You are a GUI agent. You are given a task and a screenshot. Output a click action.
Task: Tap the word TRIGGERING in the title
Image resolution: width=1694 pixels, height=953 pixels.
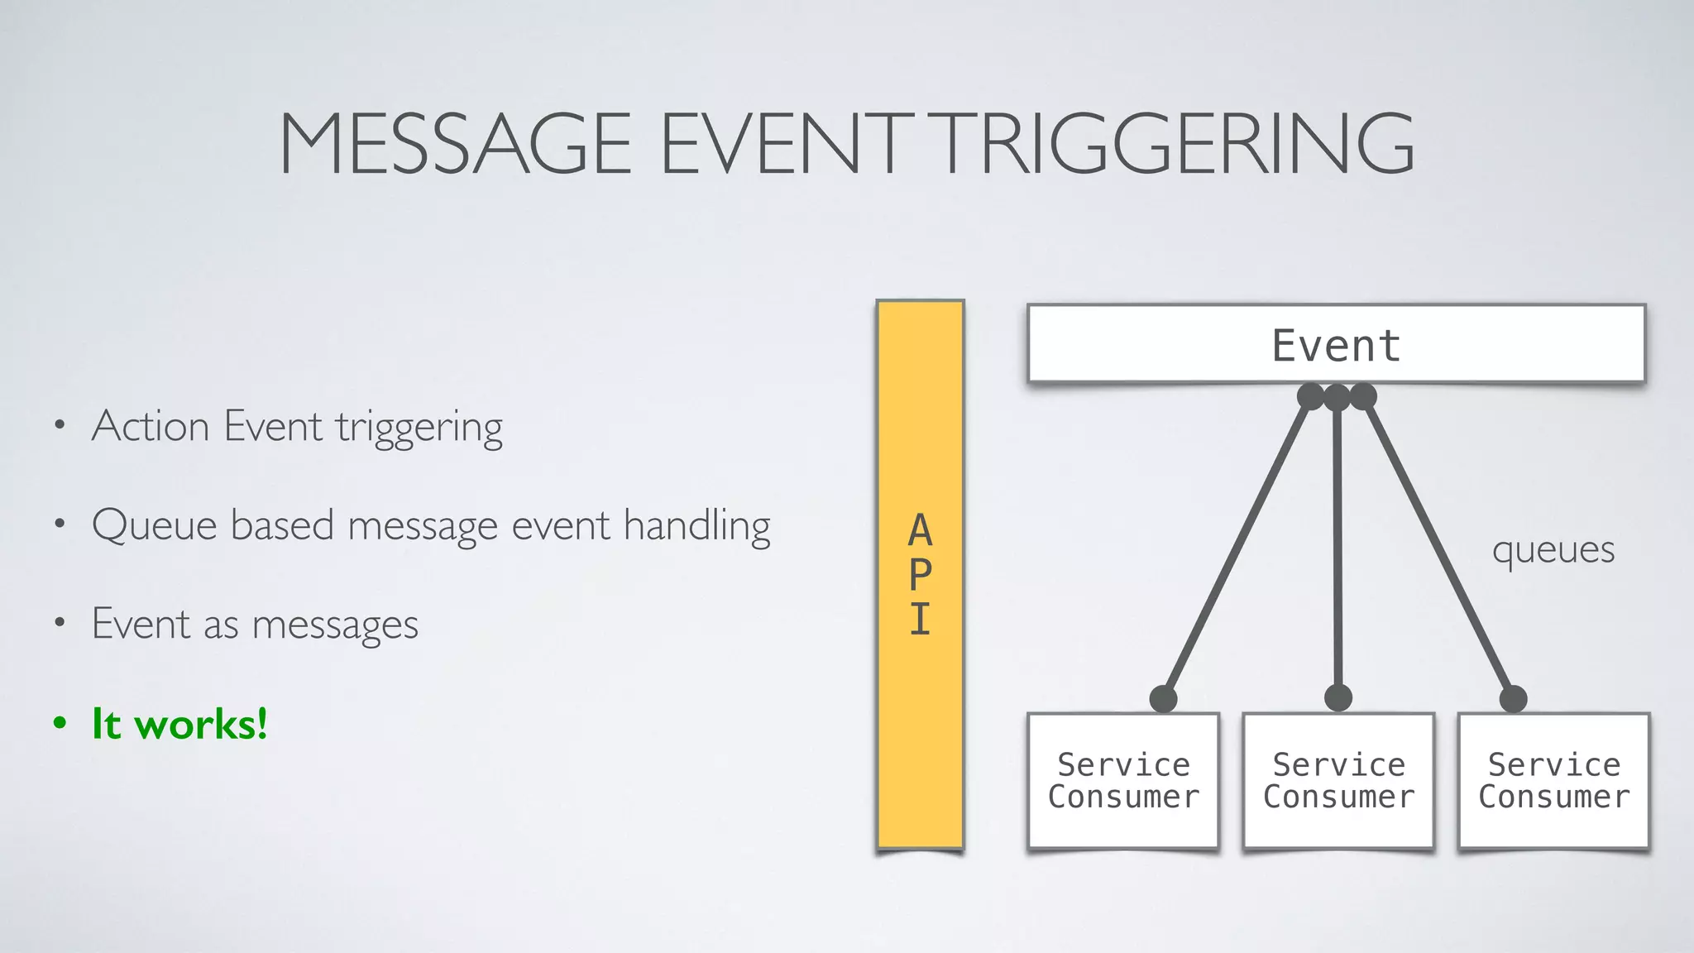(x=1176, y=144)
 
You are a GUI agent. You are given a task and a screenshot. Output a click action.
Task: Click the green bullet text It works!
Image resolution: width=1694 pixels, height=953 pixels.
(x=179, y=724)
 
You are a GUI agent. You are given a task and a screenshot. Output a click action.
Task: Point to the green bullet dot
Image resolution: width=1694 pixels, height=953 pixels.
(x=60, y=723)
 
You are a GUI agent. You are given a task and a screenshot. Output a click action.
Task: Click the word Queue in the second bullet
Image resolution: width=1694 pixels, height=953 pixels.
(x=155, y=526)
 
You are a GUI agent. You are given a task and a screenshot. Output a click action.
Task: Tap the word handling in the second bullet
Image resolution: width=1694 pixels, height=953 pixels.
(x=696, y=526)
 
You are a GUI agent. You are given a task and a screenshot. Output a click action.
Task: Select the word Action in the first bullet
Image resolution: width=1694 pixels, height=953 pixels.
(x=151, y=427)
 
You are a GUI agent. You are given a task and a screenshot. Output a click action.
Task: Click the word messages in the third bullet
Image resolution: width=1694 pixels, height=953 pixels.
(x=335, y=625)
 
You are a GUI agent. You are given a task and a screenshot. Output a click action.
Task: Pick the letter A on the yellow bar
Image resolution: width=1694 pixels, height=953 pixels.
(x=921, y=530)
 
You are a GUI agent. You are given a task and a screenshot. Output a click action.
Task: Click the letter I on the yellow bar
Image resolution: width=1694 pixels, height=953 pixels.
(x=921, y=619)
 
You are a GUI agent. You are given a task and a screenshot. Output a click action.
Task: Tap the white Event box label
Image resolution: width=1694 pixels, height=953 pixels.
(x=1336, y=345)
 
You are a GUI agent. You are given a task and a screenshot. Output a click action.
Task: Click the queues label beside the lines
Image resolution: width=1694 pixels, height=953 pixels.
(x=1553, y=550)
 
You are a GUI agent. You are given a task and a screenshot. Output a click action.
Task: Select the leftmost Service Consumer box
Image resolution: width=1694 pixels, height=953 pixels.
(x=1123, y=780)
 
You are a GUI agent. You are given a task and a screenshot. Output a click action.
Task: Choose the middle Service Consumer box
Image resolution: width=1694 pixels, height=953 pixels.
(x=1338, y=780)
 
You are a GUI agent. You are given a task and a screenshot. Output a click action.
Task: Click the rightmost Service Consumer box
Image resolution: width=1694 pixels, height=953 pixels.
(x=1553, y=780)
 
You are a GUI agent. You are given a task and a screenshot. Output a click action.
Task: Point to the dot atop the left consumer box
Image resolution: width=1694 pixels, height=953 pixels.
(x=1163, y=699)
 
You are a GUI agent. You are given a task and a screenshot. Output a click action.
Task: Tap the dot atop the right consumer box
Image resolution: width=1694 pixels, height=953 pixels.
(x=1513, y=699)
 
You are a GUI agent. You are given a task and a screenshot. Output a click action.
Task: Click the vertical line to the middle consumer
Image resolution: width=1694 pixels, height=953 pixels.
(x=1337, y=546)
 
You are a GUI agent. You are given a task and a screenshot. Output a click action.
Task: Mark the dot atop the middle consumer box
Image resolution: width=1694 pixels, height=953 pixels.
(x=1337, y=698)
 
